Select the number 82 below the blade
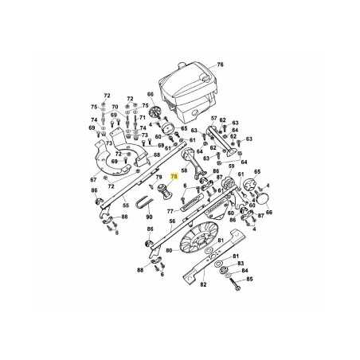coord(203,283)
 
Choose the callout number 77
coord(170,211)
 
